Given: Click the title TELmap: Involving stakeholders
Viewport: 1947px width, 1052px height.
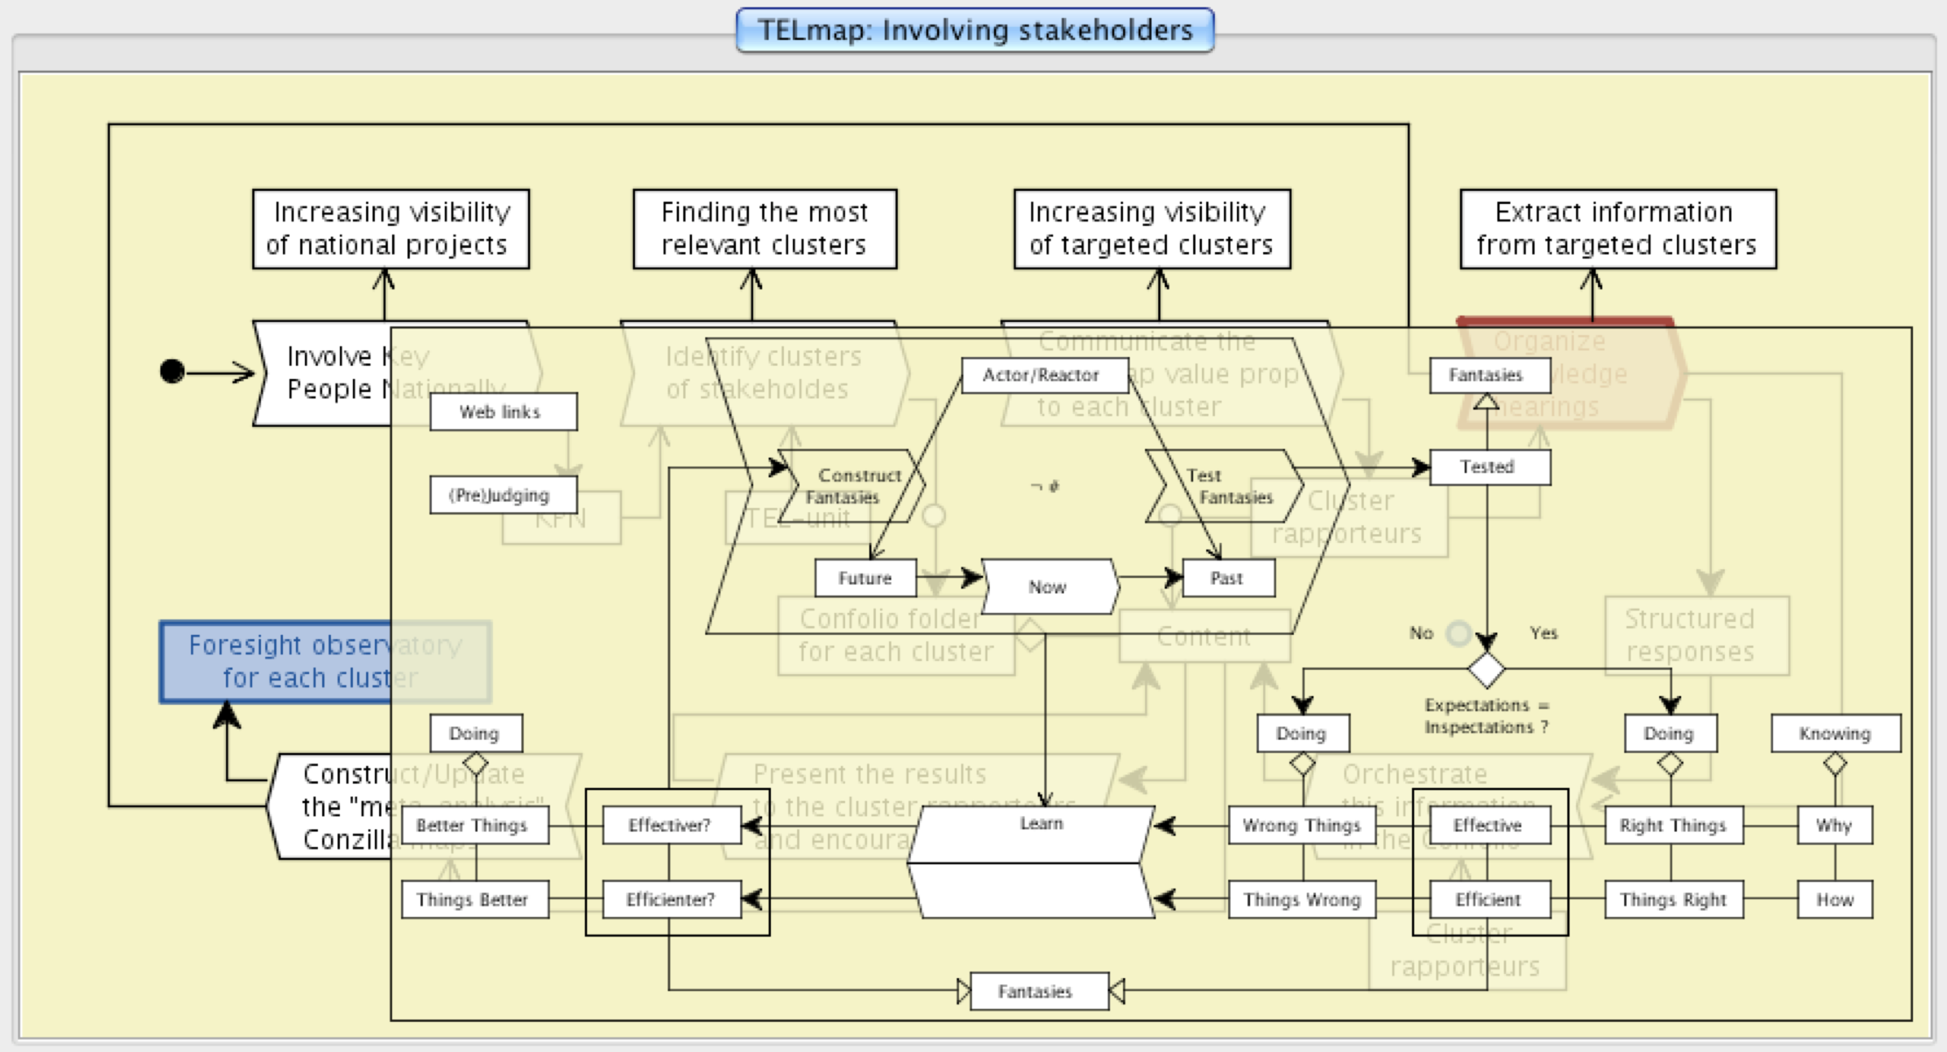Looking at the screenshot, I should coord(974,31).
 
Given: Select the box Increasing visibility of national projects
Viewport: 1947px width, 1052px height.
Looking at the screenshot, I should coord(390,228).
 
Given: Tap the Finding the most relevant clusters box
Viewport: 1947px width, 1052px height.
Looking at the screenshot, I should coord(764,228).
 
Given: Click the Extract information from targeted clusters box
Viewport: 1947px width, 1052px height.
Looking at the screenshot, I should coord(1617,228).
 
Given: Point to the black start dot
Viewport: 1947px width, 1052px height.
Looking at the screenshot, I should coord(172,372).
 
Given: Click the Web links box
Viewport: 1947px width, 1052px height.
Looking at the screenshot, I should coord(503,411).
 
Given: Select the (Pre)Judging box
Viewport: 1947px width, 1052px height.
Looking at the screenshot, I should coord(503,494).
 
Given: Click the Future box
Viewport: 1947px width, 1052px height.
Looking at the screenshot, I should coord(865,578).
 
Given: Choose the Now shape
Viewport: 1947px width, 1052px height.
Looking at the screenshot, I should coord(1048,586).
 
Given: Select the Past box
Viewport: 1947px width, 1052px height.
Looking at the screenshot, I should coord(1227,578).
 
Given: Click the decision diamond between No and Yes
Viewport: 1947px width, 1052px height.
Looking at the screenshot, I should coord(1486,670).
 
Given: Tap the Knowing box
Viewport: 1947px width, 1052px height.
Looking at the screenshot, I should coord(1836,733).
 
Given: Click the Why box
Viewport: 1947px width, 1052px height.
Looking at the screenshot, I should coord(1834,825).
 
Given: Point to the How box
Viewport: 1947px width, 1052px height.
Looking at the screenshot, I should coord(1834,899).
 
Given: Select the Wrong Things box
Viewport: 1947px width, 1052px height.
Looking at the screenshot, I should coord(1301,825).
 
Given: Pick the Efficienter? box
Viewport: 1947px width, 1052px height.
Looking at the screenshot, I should coord(671,899).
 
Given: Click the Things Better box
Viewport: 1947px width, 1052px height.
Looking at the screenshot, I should coord(474,899).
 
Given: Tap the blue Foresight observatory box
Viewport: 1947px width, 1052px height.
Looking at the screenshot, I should coord(277,661).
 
